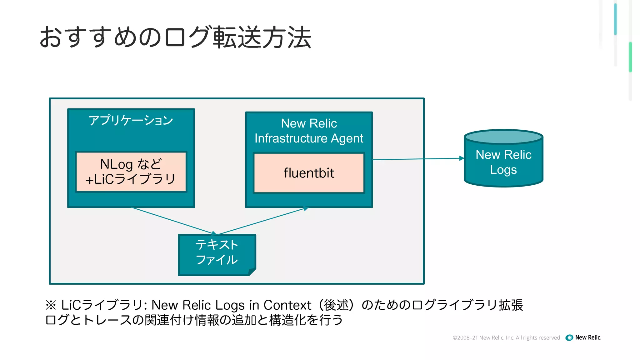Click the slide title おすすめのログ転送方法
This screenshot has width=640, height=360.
pyautogui.click(x=175, y=37)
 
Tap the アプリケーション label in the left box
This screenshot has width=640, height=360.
pyautogui.click(x=131, y=120)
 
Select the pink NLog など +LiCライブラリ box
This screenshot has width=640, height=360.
pyautogui.click(x=131, y=172)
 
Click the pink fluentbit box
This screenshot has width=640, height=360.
pyautogui.click(x=309, y=173)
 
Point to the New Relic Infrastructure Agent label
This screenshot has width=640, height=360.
pyautogui.click(x=309, y=131)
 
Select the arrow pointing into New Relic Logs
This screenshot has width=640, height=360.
pyautogui.click(x=419, y=159)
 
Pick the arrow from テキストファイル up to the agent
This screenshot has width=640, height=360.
pyautogui.click(x=262, y=221)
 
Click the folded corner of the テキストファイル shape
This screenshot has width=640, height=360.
pyautogui.click(x=252, y=272)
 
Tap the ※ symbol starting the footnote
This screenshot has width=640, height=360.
pyautogui.click(x=51, y=305)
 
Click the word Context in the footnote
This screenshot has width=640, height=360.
pyautogui.click(x=287, y=305)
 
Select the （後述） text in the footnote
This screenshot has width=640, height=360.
pyautogui.click(x=336, y=305)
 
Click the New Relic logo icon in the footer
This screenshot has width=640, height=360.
pyautogui.click(x=569, y=337)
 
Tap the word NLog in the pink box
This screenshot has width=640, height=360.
pyautogui.click(x=117, y=164)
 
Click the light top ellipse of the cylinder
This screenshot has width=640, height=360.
pyautogui.click(x=503, y=137)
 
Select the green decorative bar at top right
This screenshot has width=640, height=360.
pyautogui.click(x=630, y=57)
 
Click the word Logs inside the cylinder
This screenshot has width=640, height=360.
pyautogui.click(x=503, y=170)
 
